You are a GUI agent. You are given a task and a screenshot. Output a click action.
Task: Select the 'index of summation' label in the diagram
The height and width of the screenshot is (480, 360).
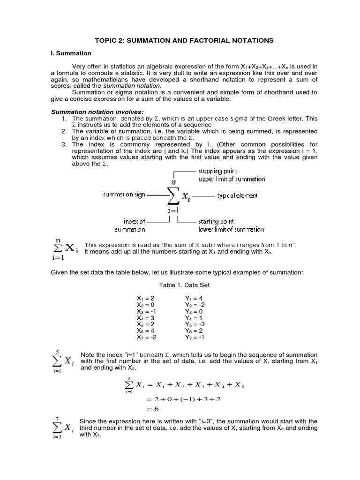coord(135,225)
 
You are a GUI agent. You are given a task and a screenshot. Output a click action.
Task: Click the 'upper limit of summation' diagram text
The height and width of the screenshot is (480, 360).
coord(231,179)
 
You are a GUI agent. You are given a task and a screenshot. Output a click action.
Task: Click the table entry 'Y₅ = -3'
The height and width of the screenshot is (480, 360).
coord(195,324)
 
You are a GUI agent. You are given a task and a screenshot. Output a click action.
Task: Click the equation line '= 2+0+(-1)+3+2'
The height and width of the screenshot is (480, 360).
coord(177,399)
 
